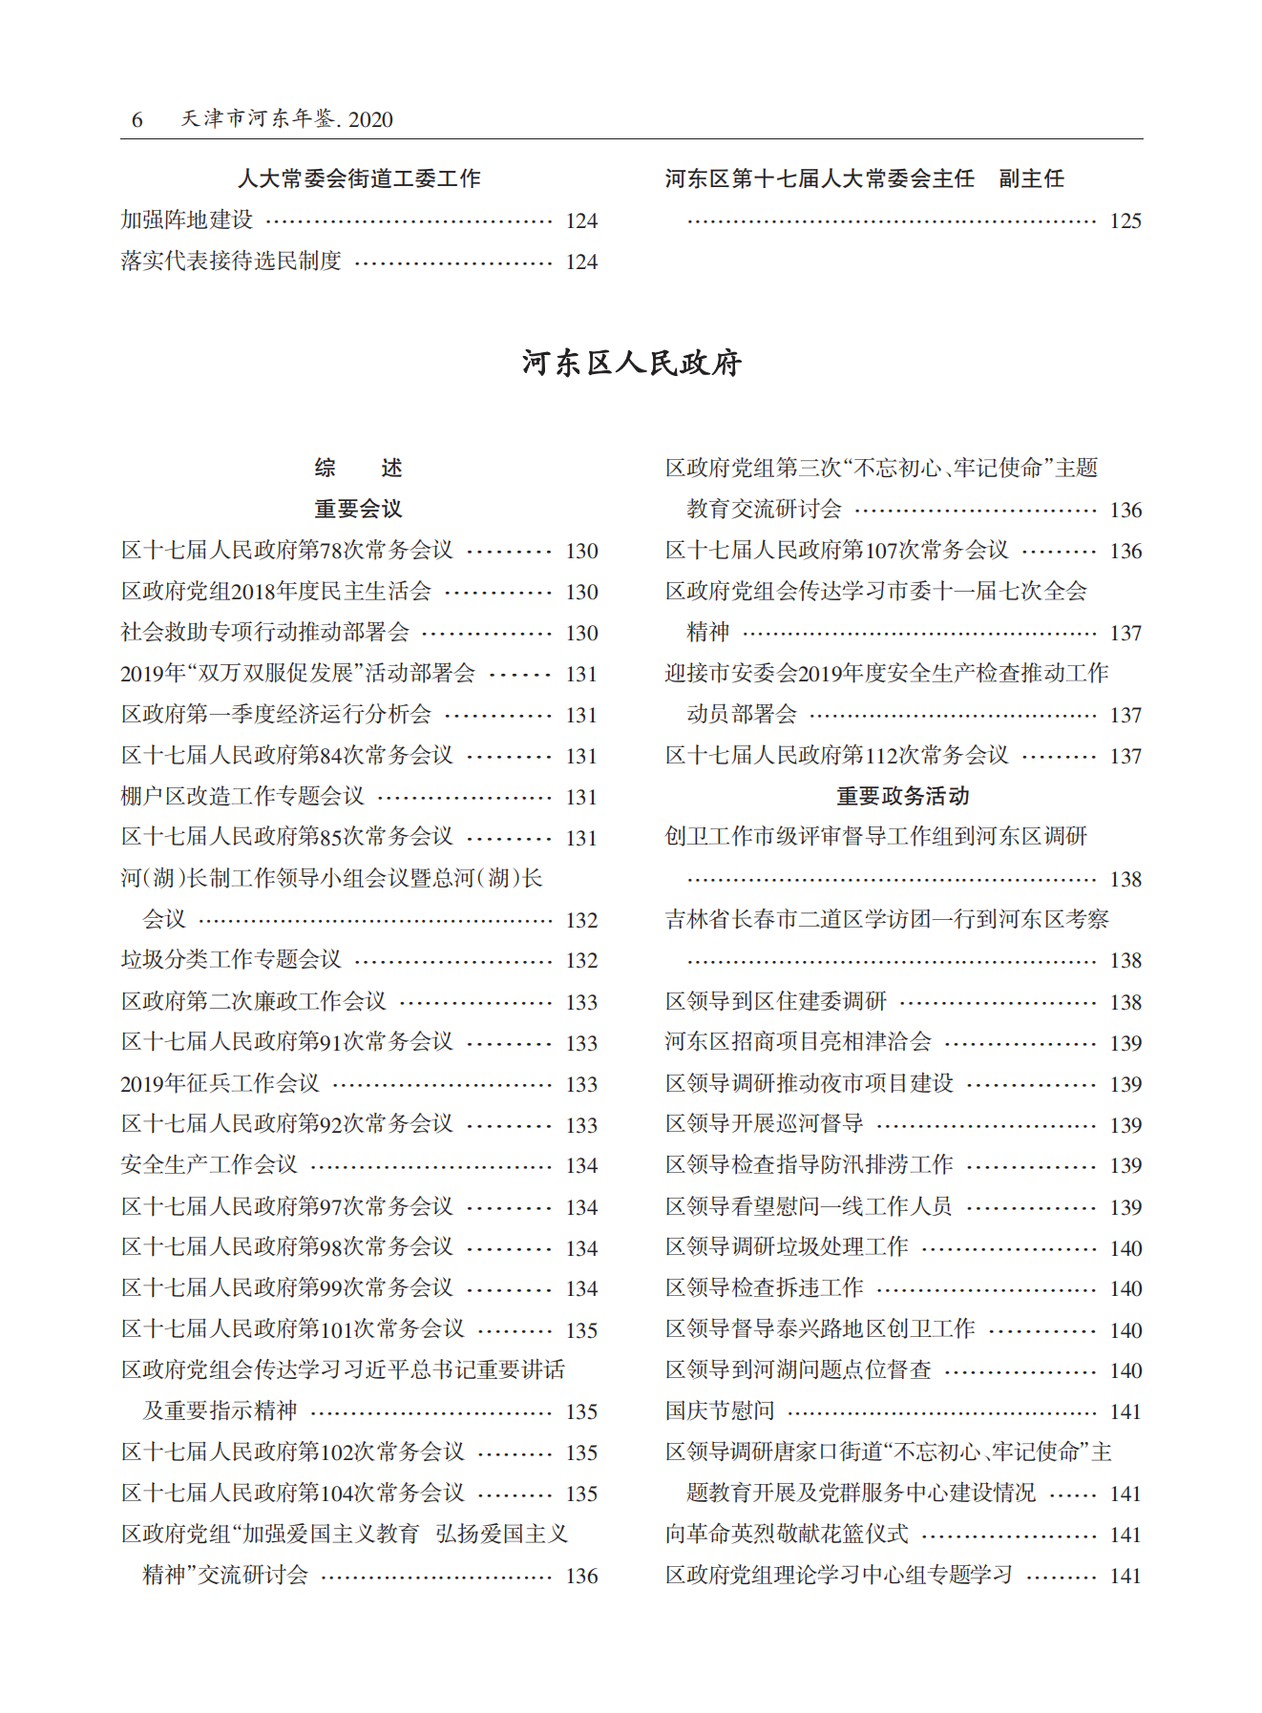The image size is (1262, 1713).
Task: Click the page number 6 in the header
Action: [137, 119]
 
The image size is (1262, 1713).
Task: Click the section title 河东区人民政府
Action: [631, 363]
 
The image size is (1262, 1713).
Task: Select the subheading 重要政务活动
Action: [902, 796]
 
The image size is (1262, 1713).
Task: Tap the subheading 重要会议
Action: [358, 509]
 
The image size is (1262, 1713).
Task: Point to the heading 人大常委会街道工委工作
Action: [358, 178]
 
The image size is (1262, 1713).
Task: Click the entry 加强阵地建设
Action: [187, 220]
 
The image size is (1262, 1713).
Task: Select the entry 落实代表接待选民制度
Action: [231, 261]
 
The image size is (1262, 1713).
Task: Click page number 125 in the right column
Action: [1125, 221]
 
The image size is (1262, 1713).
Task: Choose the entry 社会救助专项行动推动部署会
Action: [264, 632]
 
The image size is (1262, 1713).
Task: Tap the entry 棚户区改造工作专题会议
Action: [242, 796]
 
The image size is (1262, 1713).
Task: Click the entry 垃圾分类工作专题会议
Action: [231, 960]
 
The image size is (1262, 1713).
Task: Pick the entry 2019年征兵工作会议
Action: [220, 1083]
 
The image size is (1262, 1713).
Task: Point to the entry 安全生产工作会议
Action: [209, 1165]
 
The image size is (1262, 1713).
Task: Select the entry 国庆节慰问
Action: [720, 1410]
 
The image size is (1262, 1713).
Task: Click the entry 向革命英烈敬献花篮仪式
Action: [787, 1534]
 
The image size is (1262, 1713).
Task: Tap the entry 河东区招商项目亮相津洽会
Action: [798, 1042]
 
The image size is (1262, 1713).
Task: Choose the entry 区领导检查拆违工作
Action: [765, 1288]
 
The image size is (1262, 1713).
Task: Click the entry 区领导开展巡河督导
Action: [765, 1124]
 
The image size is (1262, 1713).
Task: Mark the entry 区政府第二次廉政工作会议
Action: [253, 1001]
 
